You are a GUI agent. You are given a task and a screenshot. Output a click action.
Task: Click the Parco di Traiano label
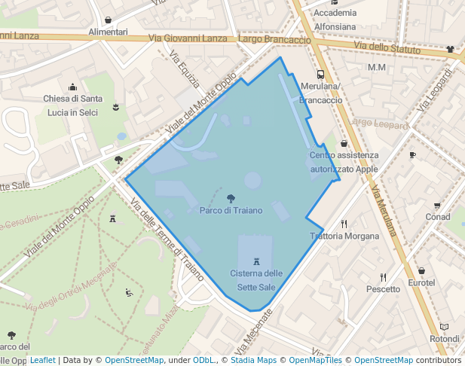pos(231,210)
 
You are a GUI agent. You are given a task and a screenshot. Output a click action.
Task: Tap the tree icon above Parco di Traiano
pos(231,199)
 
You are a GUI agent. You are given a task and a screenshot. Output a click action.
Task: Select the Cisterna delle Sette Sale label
pos(256,279)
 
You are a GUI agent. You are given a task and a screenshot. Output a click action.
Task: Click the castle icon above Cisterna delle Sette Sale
pos(256,261)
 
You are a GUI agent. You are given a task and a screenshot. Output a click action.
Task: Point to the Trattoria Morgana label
pos(345,236)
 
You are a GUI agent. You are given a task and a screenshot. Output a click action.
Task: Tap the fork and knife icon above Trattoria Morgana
pos(344,224)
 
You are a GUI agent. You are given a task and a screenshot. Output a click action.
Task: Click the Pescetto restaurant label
pos(383,288)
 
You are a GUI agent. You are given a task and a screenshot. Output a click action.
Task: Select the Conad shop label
pos(437,217)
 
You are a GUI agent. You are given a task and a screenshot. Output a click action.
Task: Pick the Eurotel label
pos(421,282)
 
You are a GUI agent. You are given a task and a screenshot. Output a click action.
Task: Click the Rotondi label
pos(444,339)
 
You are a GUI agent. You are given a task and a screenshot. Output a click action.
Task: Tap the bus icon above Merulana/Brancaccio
pos(320,75)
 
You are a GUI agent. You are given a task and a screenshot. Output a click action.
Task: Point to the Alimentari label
pos(108,32)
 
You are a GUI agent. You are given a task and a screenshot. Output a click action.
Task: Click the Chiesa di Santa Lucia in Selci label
pos(72,105)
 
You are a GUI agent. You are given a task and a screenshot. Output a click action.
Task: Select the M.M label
pos(377,68)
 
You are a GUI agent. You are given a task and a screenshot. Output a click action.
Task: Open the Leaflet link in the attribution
pos(42,360)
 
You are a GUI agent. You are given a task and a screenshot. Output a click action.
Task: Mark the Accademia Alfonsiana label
pos(335,20)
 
